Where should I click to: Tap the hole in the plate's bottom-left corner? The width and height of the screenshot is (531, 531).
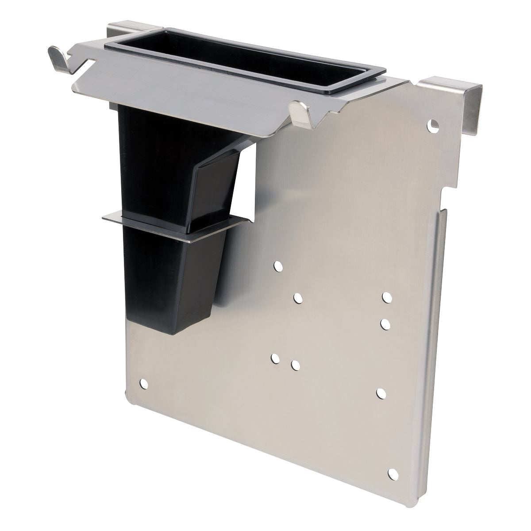(x=143, y=384)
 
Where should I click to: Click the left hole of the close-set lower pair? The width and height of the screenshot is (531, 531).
(x=276, y=358)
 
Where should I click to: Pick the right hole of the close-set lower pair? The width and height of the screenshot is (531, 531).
(x=295, y=365)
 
